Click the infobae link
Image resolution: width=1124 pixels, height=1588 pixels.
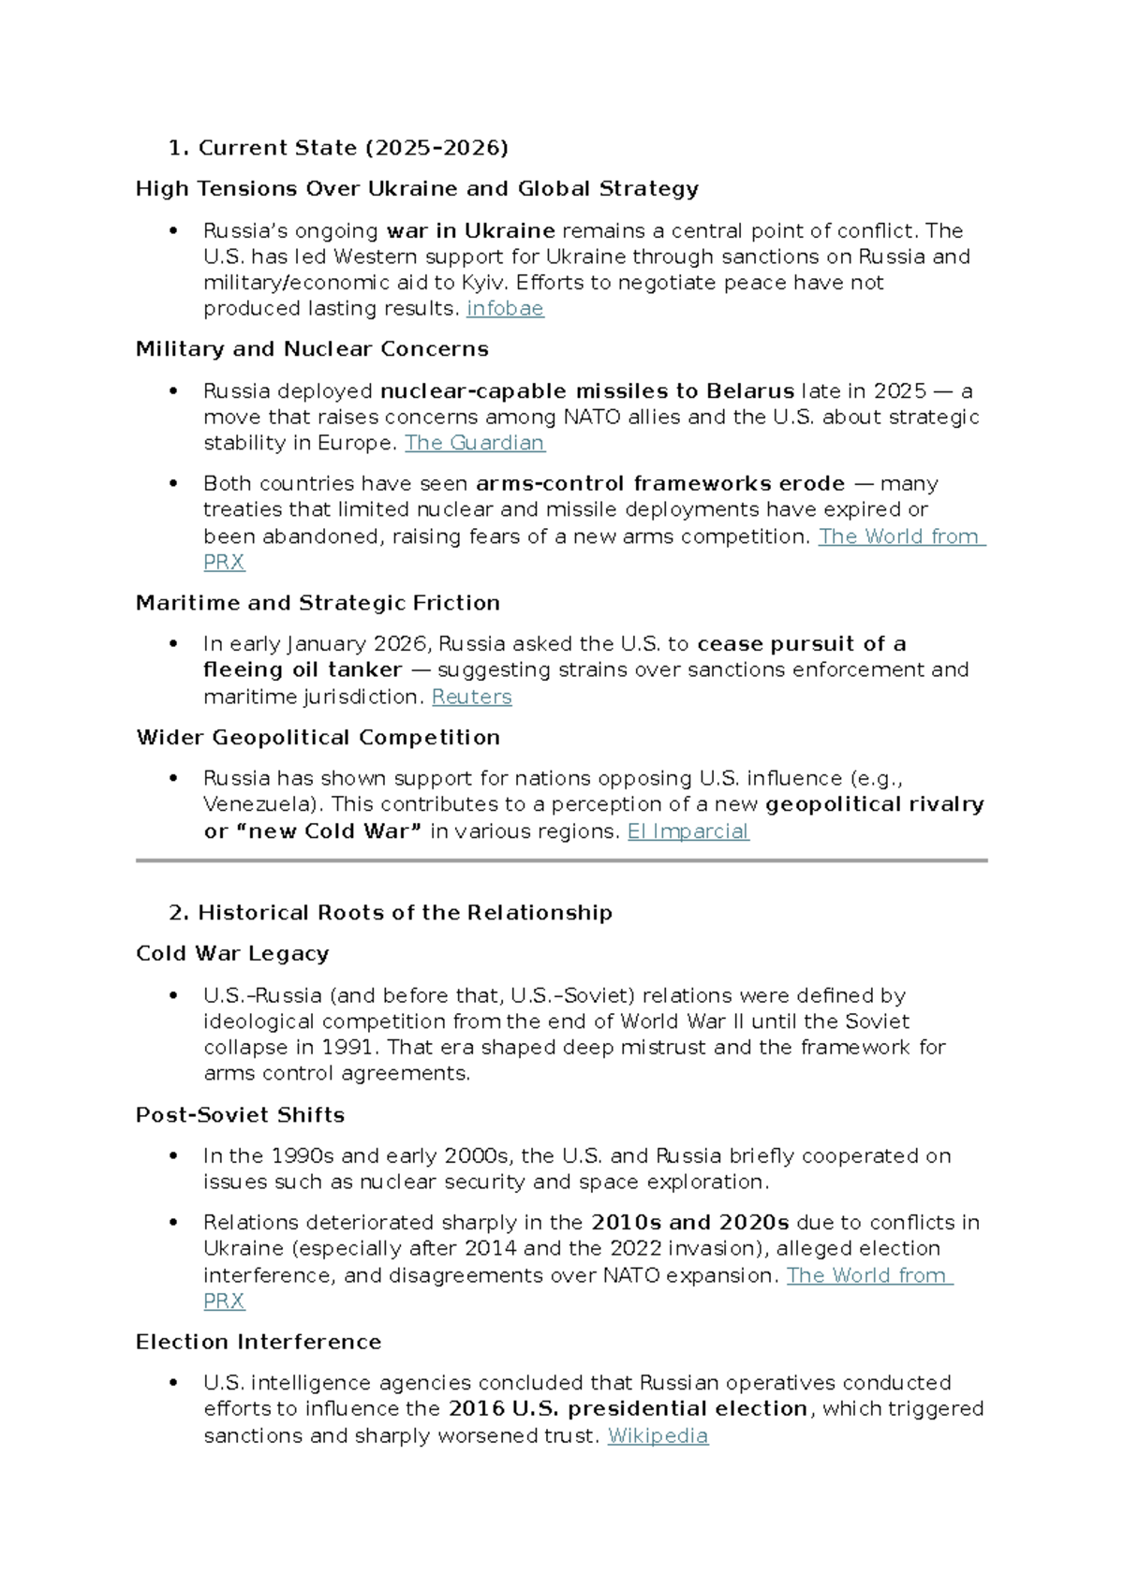point(505,309)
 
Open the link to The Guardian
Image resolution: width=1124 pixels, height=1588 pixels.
point(474,443)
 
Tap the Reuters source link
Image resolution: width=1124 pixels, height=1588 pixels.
point(471,697)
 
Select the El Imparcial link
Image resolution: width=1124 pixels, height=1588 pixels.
point(688,831)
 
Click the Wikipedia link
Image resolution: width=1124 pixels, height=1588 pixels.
point(658,1435)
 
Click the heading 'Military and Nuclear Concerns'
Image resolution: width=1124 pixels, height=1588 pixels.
point(312,349)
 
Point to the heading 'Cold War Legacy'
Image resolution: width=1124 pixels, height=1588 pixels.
point(232,953)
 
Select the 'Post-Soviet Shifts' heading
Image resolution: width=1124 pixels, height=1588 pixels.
point(240,1115)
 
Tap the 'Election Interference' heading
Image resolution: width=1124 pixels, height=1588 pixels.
point(259,1342)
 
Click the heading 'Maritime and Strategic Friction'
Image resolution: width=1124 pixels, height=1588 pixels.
point(318,603)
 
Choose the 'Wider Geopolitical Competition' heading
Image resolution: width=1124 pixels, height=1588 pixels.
point(318,738)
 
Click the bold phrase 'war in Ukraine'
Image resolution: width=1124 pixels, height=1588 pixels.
point(470,230)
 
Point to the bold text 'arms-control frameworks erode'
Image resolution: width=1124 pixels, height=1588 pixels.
point(660,483)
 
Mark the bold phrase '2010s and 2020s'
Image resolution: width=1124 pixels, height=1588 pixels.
point(690,1223)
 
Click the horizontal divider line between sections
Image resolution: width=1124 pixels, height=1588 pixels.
point(561,860)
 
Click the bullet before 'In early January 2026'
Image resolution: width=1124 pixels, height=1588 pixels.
point(173,643)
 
